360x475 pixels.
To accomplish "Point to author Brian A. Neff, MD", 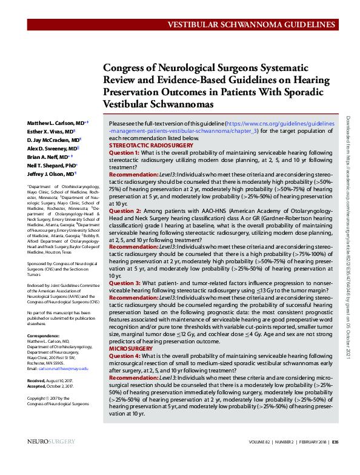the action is [49, 157].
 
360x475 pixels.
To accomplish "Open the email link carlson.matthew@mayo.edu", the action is [63, 368].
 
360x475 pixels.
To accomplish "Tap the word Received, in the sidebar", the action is [37, 380].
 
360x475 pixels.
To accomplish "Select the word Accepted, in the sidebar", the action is [38, 386].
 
